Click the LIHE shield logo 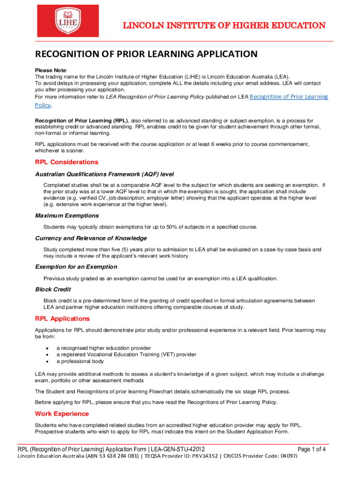pos(75,21)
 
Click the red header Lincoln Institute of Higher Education pos(224,26)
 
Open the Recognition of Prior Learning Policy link pos(288,97)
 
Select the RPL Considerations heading pos(66,162)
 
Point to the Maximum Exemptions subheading pos(67,216)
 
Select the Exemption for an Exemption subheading pos(76,267)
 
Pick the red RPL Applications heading pos(62,319)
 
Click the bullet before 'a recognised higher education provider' pos(48,348)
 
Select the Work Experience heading pos(62,414)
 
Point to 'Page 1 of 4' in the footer pos(311,450)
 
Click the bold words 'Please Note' pos(48,70)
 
